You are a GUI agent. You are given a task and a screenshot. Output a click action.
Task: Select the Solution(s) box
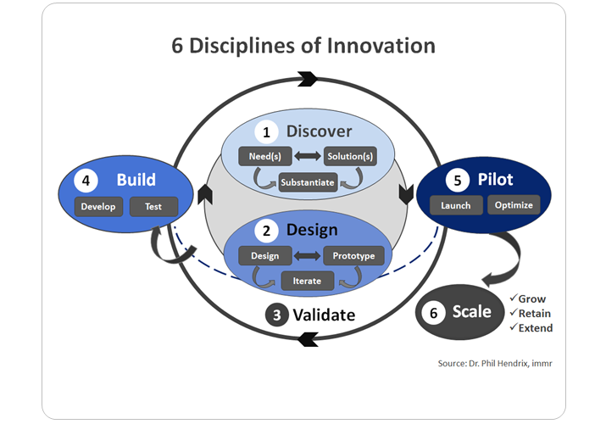[349, 157]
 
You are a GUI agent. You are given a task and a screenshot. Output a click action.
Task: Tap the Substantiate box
[309, 181]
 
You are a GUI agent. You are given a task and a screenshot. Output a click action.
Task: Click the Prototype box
[353, 255]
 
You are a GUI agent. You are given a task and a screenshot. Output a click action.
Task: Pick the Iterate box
[308, 279]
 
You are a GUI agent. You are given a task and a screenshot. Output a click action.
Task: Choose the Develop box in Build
[99, 206]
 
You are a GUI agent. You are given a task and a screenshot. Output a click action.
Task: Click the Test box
[153, 206]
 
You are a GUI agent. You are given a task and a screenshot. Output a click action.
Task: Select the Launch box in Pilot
[456, 205]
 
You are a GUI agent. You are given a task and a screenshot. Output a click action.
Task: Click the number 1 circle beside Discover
[267, 132]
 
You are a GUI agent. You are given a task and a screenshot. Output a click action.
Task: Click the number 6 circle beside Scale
[434, 313]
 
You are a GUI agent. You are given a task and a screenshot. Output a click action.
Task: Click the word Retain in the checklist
[535, 313]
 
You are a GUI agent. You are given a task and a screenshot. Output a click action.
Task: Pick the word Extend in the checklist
[536, 327]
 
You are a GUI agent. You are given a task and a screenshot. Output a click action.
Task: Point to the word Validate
[324, 315]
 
